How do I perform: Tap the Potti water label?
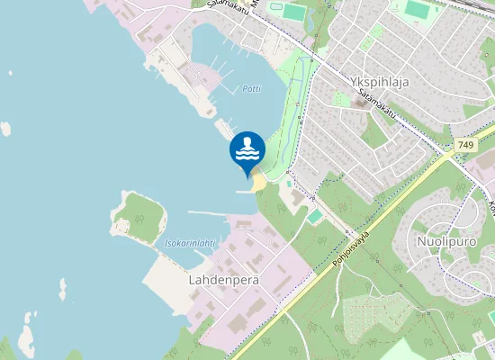(x=251, y=88)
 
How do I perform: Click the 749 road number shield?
(x=465, y=145)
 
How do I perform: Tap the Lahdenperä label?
(x=224, y=280)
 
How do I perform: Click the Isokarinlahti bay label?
(x=190, y=243)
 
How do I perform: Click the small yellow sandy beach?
(x=259, y=182)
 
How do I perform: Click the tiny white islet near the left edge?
(x=6, y=129)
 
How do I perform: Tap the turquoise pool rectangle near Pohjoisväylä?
(x=313, y=216)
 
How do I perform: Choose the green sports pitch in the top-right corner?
(x=417, y=10)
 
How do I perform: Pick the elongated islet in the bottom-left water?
(x=26, y=332)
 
